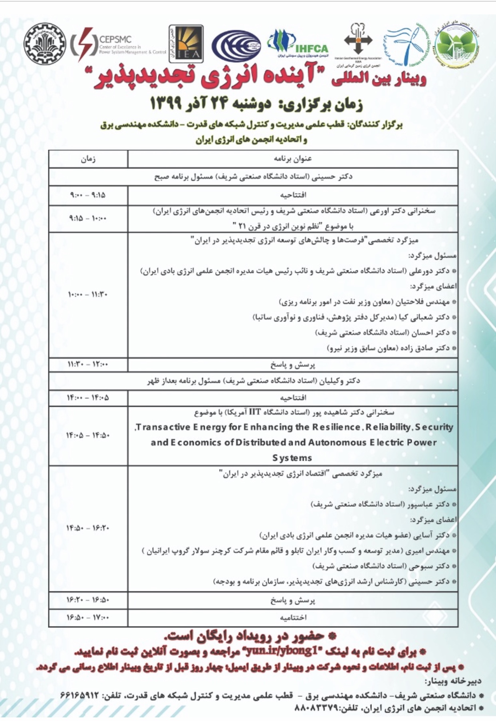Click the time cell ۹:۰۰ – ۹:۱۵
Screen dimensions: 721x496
point(88,196)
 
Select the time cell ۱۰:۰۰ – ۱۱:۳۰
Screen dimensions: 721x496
point(88,295)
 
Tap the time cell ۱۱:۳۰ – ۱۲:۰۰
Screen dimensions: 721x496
point(88,364)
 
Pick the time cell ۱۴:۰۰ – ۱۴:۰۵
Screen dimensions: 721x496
point(88,398)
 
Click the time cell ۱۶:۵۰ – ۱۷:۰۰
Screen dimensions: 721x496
point(88,617)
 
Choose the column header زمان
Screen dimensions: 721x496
point(88,159)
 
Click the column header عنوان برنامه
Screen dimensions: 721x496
point(293,159)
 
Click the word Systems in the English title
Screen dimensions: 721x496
point(292,458)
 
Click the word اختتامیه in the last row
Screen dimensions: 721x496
point(293,617)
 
